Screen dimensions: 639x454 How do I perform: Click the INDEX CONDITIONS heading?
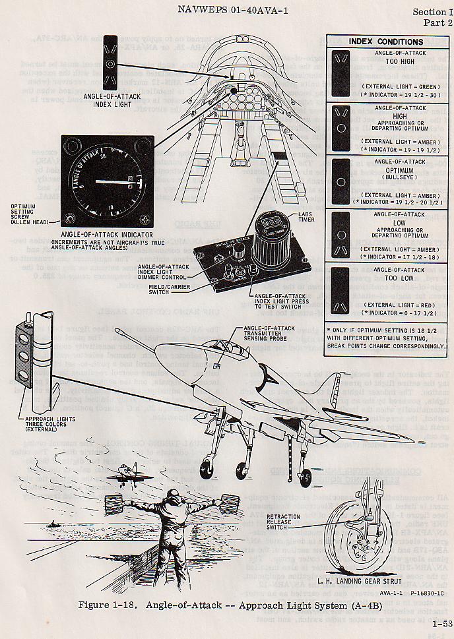(x=386, y=42)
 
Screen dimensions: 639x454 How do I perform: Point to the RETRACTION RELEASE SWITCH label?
(x=284, y=521)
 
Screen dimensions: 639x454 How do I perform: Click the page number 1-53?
(x=441, y=621)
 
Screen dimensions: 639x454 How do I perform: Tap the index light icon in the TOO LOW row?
(x=340, y=290)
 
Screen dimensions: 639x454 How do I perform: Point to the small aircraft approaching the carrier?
(x=123, y=473)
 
